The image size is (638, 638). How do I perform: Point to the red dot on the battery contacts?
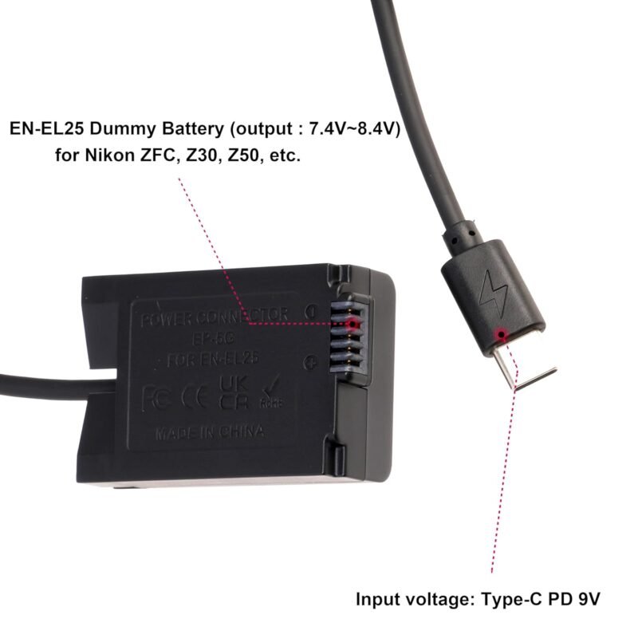pyautogui.click(x=353, y=324)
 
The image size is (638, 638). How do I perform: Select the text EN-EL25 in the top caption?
pyautogui.click(x=43, y=128)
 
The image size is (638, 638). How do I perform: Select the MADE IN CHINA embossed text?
pyautogui.click(x=209, y=434)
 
